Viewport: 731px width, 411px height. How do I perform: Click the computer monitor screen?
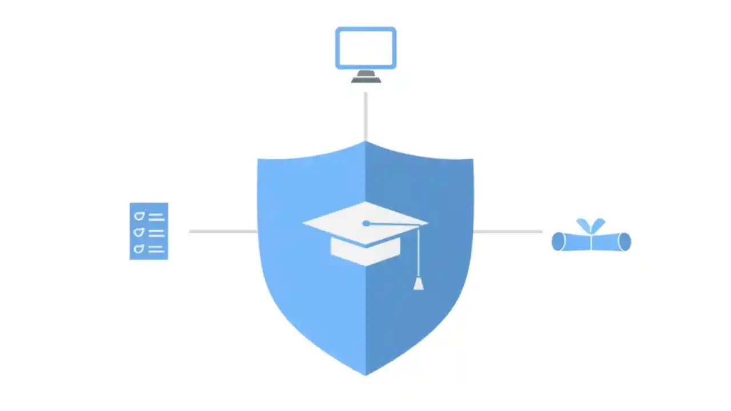pos(365,47)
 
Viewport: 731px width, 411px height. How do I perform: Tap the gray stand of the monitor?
pos(365,77)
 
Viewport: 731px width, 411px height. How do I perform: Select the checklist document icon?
pos(149,231)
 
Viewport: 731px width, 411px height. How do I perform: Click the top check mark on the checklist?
pos(139,216)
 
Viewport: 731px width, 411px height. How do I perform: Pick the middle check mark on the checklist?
pos(139,232)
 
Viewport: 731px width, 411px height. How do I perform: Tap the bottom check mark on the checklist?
pos(139,249)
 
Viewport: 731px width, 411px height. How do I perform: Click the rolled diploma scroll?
pos(591,242)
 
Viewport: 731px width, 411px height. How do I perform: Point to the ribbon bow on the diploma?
pos(591,225)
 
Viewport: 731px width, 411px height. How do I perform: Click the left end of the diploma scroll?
pos(558,242)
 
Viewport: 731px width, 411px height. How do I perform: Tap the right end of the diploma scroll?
pos(625,242)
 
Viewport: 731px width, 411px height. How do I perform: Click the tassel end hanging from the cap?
pos(419,284)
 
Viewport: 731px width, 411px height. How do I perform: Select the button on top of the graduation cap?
pos(366,223)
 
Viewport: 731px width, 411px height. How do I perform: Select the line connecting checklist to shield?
pos(223,231)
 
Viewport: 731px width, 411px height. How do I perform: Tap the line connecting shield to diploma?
pos(507,231)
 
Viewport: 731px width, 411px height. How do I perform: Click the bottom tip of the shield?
pos(365,373)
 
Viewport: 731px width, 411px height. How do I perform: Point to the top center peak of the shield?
pos(365,143)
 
